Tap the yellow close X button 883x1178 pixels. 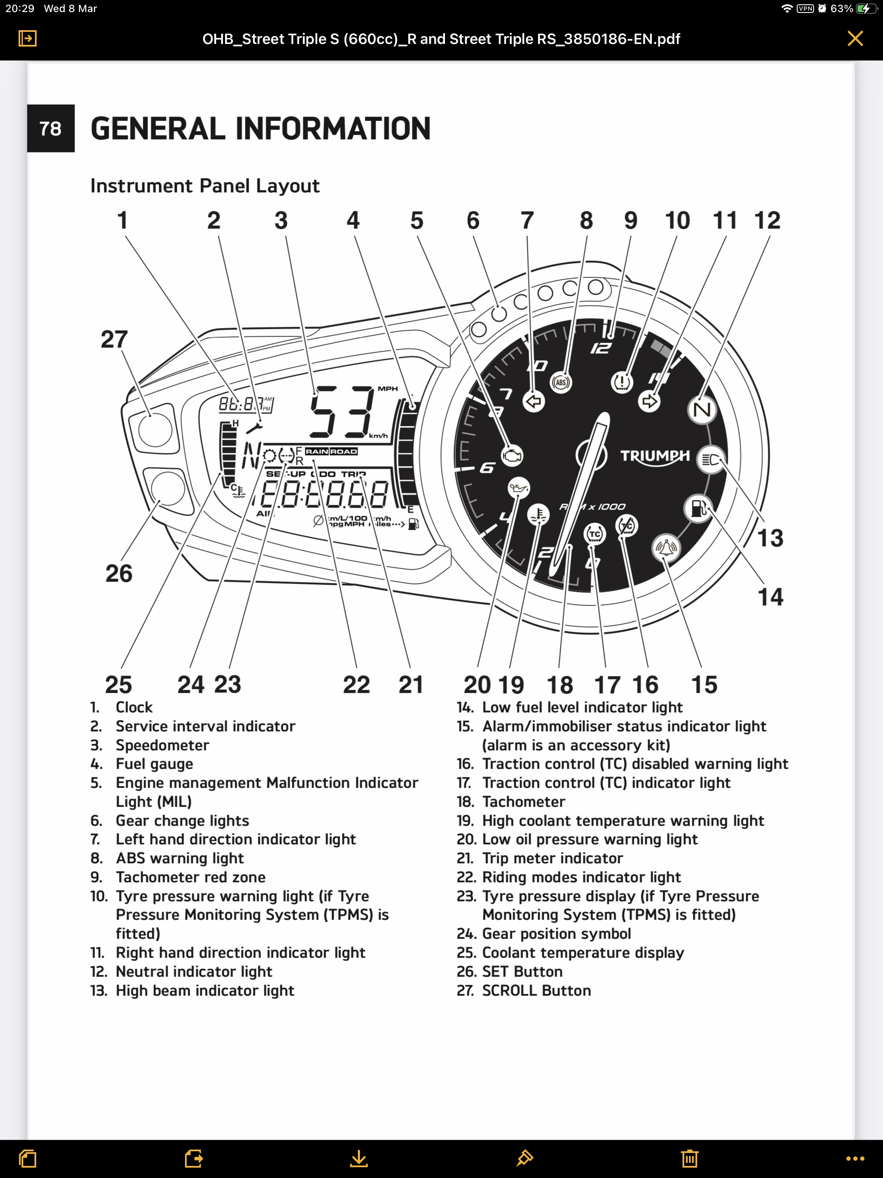click(855, 38)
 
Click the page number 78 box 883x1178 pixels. click(50, 128)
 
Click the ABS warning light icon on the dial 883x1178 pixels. click(561, 382)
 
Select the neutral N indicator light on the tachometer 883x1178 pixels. click(702, 410)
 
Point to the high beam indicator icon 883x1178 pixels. click(711, 459)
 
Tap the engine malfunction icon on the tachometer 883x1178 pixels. click(512, 456)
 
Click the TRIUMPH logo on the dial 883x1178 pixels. click(654, 456)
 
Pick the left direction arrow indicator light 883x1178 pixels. click(534, 401)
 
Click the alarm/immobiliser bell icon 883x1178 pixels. click(666, 548)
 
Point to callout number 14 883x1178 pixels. click(770, 597)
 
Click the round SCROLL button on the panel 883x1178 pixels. click(155, 429)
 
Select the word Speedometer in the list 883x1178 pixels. click(163, 745)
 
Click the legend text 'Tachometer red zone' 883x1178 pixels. click(190, 877)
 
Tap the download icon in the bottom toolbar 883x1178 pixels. click(359, 1158)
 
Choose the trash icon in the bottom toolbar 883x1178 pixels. click(689, 1158)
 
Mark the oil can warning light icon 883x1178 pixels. click(518, 488)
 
